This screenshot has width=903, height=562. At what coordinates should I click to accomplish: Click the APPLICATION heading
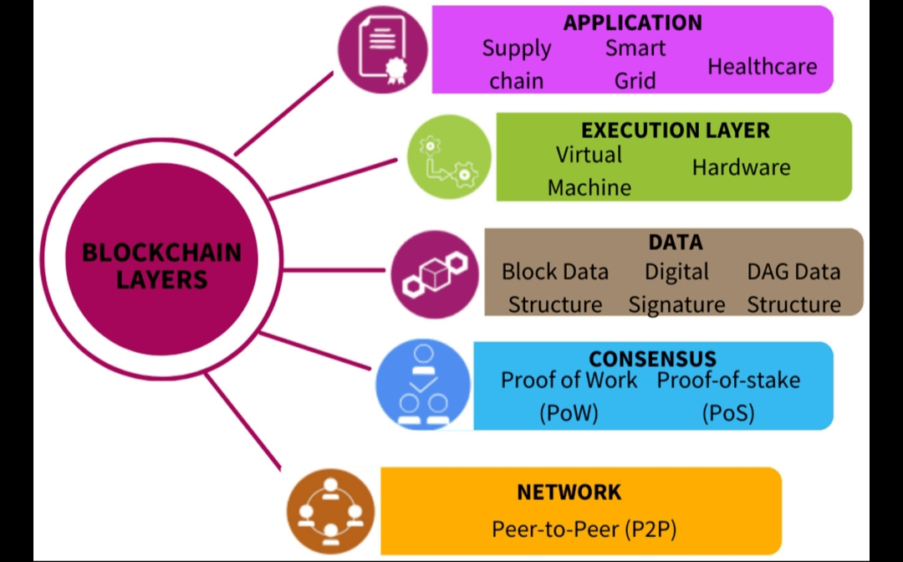pyautogui.click(x=632, y=22)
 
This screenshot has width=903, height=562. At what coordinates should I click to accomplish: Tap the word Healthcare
pyautogui.click(x=762, y=66)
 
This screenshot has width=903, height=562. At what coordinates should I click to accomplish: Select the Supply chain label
pyautogui.click(x=517, y=64)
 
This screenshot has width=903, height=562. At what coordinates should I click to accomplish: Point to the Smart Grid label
pyautogui.click(x=635, y=64)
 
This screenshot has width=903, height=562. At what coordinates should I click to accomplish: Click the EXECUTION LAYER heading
pyautogui.click(x=675, y=130)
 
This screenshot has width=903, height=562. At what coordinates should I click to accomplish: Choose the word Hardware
pyautogui.click(x=741, y=167)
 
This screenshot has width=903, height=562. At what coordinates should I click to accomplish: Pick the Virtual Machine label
pyautogui.click(x=589, y=171)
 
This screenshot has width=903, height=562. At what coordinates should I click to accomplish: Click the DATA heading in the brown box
pyautogui.click(x=675, y=243)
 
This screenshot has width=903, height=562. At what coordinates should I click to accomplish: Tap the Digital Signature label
pyautogui.click(x=676, y=288)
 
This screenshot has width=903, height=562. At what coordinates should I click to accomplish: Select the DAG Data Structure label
pyautogui.click(x=793, y=288)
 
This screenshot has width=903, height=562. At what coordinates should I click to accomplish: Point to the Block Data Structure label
pyautogui.click(x=555, y=288)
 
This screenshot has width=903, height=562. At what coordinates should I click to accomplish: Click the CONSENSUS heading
pyautogui.click(x=652, y=360)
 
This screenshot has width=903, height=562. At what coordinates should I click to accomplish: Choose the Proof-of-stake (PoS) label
pyautogui.click(x=728, y=396)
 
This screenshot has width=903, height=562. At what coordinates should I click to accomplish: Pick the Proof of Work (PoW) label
pyautogui.click(x=569, y=396)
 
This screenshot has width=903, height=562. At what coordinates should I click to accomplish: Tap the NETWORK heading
pyautogui.click(x=569, y=492)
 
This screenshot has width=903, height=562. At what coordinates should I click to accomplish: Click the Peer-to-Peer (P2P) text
pyautogui.click(x=584, y=529)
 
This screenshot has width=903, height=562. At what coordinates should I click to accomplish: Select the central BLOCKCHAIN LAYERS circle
pyautogui.click(x=161, y=266)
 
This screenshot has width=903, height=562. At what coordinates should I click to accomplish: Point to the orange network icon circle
pyautogui.click(x=330, y=511)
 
